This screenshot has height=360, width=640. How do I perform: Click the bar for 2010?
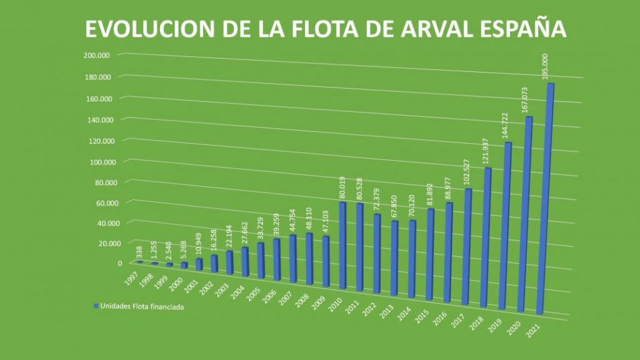click(342, 245)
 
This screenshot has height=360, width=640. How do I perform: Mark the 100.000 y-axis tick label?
click(97, 162)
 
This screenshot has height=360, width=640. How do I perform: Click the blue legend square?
click(96, 307)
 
